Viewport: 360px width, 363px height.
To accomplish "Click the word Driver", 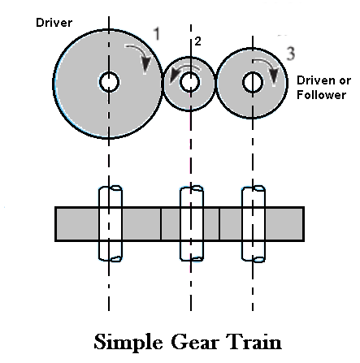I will point(33,23).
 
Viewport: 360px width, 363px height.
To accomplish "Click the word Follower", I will point(322,95).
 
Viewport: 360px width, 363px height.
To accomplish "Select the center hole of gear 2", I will point(189,82).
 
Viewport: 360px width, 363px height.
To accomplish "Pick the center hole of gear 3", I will point(253,82).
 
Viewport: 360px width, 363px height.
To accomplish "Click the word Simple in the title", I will point(132,341).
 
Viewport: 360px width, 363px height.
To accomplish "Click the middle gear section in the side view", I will point(189,224).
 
